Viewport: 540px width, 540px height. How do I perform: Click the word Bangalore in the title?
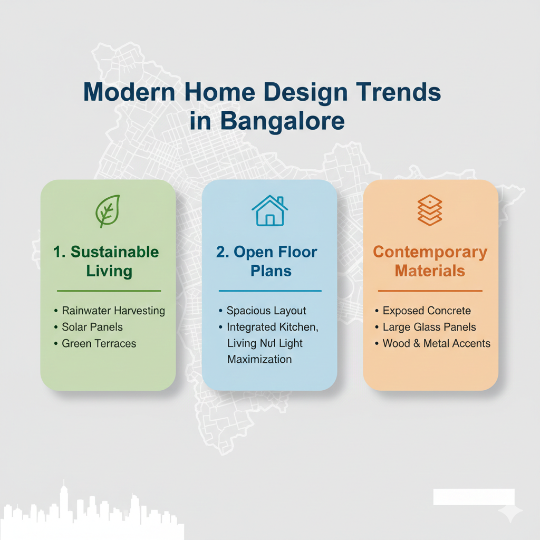click(x=282, y=122)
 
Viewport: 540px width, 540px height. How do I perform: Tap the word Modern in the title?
click(x=130, y=92)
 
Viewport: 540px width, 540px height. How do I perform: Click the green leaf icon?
click(x=108, y=211)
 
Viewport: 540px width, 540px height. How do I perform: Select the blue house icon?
click(x=269, y=210)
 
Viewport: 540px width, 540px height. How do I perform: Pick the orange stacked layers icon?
click(x=430, y=210)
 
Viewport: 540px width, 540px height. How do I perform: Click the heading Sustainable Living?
click(x=106, y=262)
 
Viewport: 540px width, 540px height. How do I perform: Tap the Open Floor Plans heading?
click(x=267, y=262)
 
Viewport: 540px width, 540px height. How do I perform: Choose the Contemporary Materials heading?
click(x=430, y=262)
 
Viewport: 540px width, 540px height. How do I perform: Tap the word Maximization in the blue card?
click(x=259, y=359)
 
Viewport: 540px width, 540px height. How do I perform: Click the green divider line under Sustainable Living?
click(x=109, y=291)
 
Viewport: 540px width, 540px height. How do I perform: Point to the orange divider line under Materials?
click(x=430, y=291)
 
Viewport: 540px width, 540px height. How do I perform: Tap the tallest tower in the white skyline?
click(x=63, y=506)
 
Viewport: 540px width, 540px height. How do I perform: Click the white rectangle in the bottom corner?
click(x=474, y=497)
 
